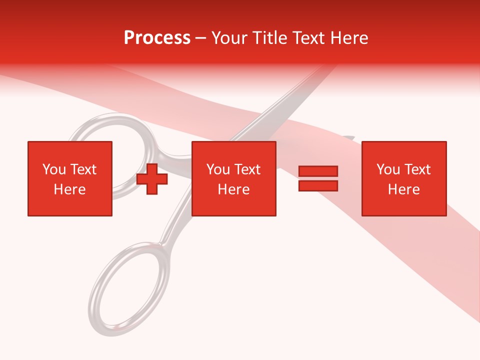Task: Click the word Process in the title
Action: [157, 38]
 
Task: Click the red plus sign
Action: [152, 179]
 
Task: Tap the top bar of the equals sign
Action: [318, 171]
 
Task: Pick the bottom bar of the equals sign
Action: [318, 185]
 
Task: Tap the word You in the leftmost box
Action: [54, 169]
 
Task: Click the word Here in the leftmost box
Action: [69, 189]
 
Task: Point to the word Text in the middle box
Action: [247, 169]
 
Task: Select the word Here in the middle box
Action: [234, 189]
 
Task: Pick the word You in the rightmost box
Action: [388, 169]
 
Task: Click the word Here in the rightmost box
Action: [404, 189]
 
